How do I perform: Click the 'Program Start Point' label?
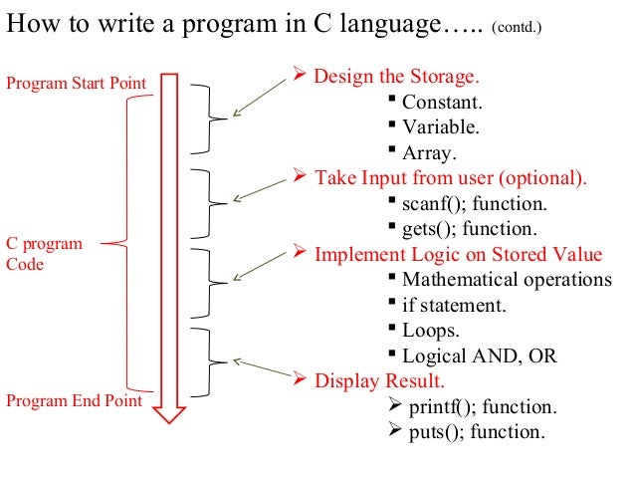click(76, 82)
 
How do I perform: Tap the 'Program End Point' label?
click(74, 401)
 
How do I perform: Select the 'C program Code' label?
click(45, 254)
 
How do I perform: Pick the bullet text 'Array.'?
click(429, 153)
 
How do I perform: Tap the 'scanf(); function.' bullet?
click(474, 204)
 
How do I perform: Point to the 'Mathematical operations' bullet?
click(507, 280)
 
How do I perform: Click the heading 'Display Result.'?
click(379, 381)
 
